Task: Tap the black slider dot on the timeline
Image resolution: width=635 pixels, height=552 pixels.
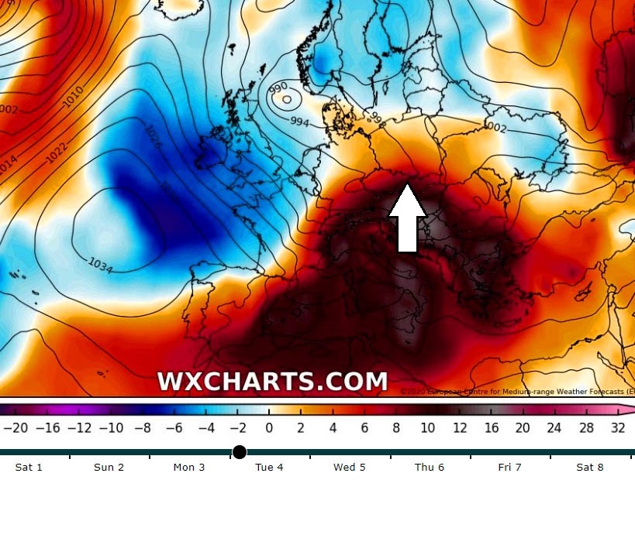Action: tap(240, 452)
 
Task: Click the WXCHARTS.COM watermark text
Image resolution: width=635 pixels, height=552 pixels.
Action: tap(272, 382)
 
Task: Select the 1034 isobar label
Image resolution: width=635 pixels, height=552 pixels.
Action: tap(102, 265)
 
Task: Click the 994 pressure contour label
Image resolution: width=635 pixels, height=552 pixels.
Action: tap(300, 122)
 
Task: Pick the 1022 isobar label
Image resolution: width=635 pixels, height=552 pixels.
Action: tap(56, 153)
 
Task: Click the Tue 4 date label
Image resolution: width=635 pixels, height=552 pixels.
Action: tap(269, 468)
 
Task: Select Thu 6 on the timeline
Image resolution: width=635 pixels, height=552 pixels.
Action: tap(430, 468)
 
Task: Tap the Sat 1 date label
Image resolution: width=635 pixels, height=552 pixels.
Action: tap(29, 468)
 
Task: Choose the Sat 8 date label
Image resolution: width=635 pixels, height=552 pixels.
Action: tap(590, 468)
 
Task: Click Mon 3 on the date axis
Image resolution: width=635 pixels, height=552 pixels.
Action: tap(189, 468)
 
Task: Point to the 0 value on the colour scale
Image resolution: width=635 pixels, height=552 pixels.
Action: tap(269, 427)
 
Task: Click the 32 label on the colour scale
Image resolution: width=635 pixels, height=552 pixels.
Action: tap(617, 427)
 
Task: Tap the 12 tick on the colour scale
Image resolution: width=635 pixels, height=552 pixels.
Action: tap(460, 427)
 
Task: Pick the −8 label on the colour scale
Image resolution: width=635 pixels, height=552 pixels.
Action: tap(142, 427)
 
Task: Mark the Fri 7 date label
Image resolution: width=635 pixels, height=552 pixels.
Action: tap(509, 468)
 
